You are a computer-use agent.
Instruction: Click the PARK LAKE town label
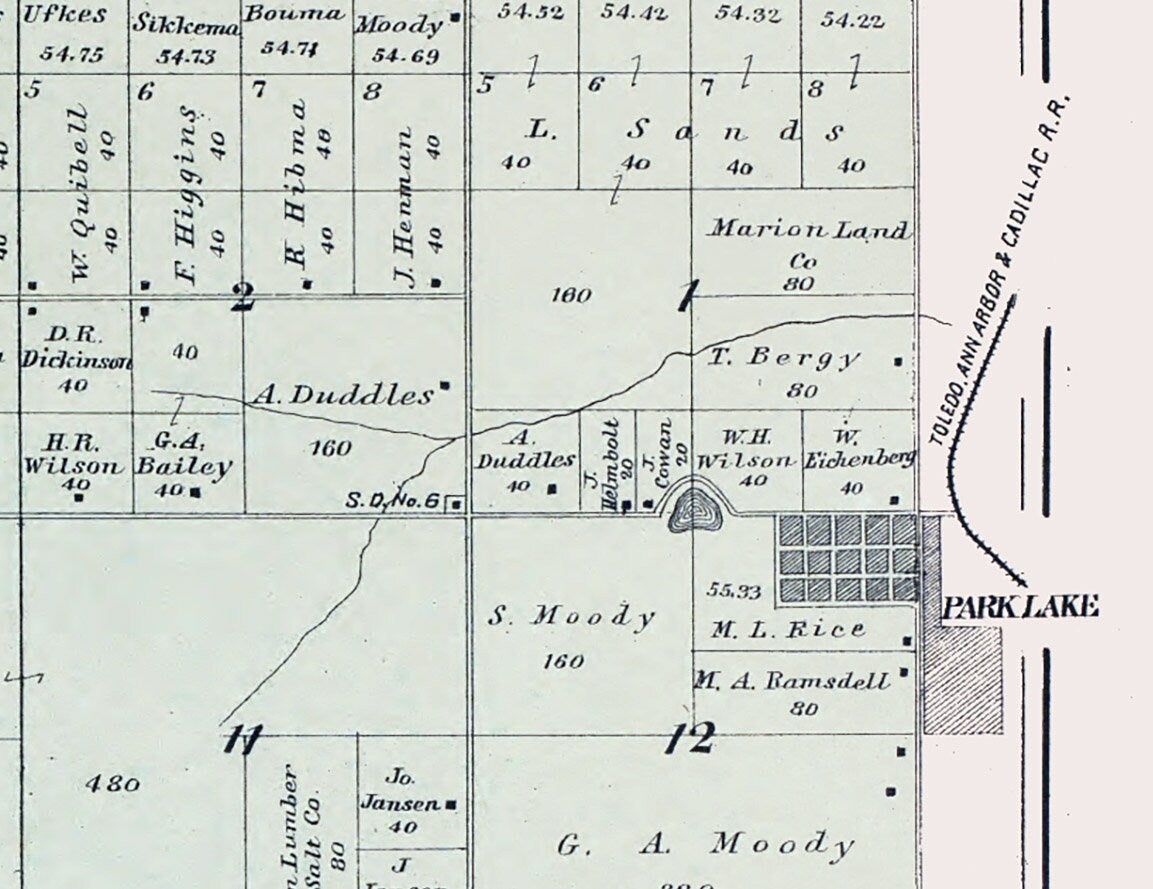[1021, 606]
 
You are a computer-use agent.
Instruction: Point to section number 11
[242, 741]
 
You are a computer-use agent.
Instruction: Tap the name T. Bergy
[784, 357]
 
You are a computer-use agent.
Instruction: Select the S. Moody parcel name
[570, 616]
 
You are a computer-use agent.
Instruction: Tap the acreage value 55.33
[733, 591]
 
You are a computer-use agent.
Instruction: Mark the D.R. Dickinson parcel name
[75, 350]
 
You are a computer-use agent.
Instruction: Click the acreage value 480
[112, 783]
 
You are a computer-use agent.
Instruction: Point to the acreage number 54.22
[852, 19]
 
